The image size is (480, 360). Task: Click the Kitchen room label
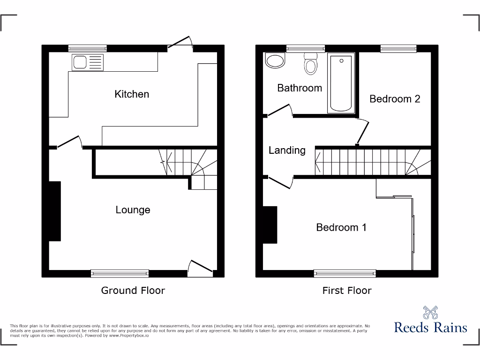[x=132, y=94]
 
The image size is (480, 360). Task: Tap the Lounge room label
[x=133, y=210]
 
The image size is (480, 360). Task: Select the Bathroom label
[x=300, y=88]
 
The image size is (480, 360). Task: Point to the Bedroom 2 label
[x=395, y=99]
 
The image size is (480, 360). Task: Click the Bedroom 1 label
[x=341, y=227]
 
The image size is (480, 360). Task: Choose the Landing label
[x=287, y=150]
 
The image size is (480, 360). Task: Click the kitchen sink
[x=87, y=62]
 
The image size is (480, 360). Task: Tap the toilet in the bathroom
[x=310, y=64]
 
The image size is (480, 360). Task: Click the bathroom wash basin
[x=275, y=60]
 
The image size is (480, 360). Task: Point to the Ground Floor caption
[x=133, y=291]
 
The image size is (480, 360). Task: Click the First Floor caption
[x=347, y=291]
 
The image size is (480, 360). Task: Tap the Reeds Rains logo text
[x=430, y=327]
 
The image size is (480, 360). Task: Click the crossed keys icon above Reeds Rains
[x=430, y=312]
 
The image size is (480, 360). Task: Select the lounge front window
[x=120, y=273]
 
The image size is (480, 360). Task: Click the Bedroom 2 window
[x=398, y=47]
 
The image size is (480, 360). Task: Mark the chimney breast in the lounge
[x=55, y=211]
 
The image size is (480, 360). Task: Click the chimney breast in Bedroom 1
[x=270, y=225]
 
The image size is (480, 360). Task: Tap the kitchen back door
[x=180, y=44]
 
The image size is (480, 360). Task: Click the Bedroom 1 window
[x=345, y=273]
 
